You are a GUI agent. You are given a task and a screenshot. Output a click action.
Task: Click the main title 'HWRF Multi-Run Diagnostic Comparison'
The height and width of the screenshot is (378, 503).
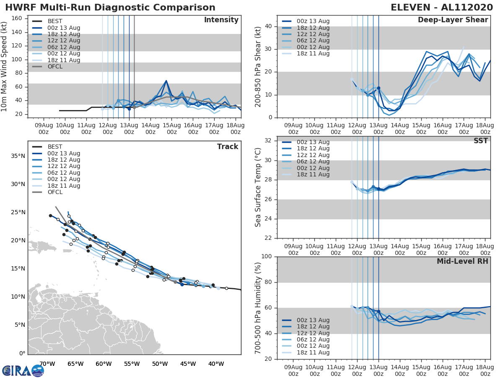110,8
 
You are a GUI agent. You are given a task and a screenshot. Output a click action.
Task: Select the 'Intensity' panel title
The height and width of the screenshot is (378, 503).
221,20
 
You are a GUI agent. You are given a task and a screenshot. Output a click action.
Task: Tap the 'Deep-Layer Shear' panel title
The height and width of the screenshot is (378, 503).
453,20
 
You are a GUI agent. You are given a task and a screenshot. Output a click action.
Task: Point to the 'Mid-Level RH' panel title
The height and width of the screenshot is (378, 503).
462,261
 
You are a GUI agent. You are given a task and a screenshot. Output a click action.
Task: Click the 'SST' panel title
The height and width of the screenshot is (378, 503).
481,141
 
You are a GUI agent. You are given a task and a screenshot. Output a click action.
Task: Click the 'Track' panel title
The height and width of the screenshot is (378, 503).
228,147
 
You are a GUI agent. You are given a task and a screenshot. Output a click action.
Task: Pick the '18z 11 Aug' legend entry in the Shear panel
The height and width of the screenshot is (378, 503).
313,53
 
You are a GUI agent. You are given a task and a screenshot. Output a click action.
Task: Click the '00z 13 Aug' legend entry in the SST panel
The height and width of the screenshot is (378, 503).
313,142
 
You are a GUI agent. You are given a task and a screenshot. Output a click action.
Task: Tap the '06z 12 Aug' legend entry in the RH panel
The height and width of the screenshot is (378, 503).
313,339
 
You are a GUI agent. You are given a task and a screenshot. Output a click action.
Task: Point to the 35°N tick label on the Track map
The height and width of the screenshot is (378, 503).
17,156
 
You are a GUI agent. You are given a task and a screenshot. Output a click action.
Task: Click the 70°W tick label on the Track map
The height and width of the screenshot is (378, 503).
47,364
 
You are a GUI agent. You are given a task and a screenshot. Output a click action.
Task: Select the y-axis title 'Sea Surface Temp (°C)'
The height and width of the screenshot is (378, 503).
258,187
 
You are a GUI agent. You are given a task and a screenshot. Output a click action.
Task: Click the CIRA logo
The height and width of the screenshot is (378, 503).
23,370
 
